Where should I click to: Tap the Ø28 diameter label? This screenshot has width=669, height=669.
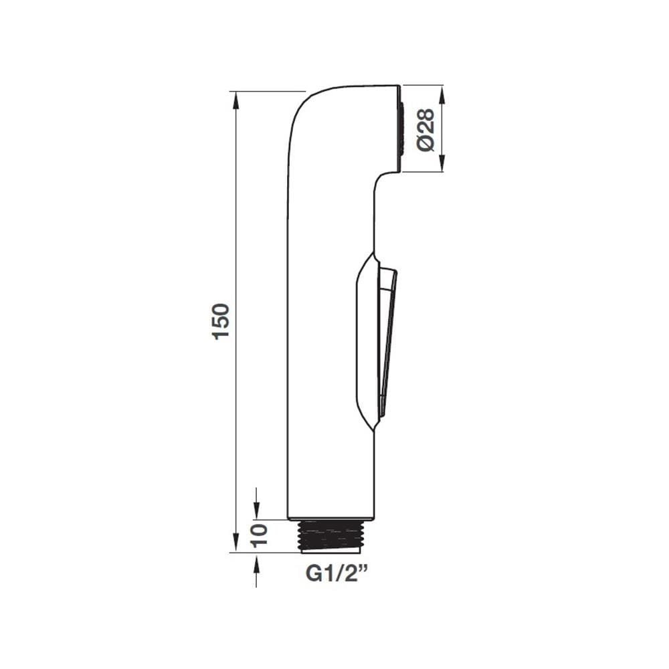425,130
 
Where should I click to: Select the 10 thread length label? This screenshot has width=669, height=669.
258,536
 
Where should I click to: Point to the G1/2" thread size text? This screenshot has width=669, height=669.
337,573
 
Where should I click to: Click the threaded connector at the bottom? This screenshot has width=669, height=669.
332,537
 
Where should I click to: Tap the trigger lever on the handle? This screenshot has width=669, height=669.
387,341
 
